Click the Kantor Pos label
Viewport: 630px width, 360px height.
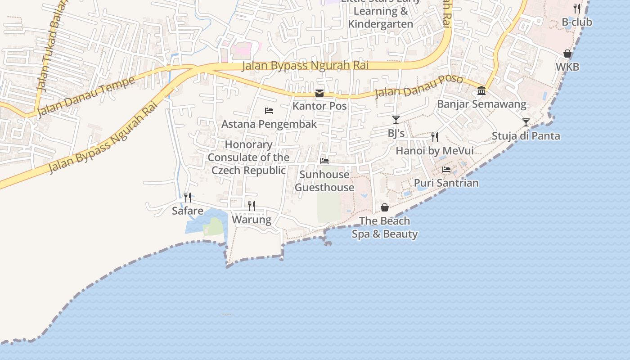coord(319,106)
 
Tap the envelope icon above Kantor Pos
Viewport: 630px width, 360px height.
coord(319,93)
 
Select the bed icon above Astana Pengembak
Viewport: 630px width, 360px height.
coord(269,111)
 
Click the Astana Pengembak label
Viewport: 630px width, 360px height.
coord(269,124)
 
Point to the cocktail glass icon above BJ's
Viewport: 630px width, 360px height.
coord(396,120)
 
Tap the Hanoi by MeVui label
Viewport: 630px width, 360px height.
coord(434,151)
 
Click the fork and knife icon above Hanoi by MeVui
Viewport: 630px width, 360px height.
coord(435,137)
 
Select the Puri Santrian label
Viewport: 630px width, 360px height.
coord(446,183)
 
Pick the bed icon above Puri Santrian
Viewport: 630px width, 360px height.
coord(446,170)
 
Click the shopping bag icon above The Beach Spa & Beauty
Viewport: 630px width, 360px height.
coord(385,207)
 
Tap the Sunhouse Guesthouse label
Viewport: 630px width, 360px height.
coord(324,181)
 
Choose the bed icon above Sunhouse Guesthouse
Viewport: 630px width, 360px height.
coord(324,161)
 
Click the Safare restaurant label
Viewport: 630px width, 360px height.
coord(188,211)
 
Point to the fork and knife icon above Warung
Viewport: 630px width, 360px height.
coord(252,206)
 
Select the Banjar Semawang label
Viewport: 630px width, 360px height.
coord(481,104)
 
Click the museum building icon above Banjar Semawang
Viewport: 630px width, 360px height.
coord(481,91)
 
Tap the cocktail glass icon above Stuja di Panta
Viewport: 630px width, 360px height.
coord(526,122)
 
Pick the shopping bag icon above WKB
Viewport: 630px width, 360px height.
coord(567,54)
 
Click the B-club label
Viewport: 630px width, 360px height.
coord(577,22)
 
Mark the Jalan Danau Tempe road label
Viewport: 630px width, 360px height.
coord(86,96)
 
